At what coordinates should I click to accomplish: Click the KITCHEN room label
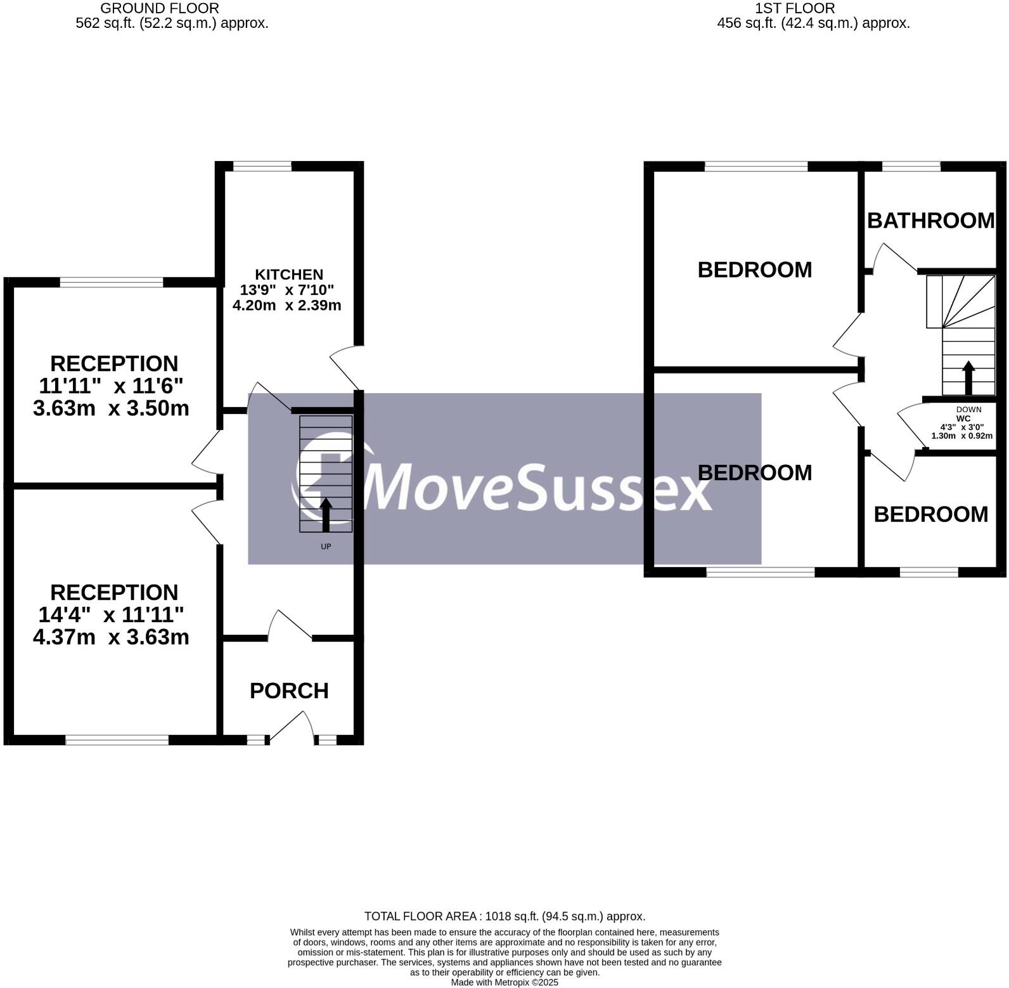click(x=289, y=275)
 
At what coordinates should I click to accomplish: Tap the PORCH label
click(x=289, y=691)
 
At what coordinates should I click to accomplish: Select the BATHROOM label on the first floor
click(x=930, y=221)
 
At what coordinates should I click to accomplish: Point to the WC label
click(x=963, y=419)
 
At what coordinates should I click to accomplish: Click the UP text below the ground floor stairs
click(x=326, y=547)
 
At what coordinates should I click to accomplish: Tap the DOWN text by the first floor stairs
click(x=968, y=410)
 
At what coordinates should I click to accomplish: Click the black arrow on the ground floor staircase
click(x=326, y=514)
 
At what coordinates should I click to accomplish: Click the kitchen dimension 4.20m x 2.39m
click(x=287, y=305)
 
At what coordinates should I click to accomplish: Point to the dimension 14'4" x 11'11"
click(x=112, y=614)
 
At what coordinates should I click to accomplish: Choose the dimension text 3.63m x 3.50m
click(x=112, y=408)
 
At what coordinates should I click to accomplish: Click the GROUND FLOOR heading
click(x=160, y=8)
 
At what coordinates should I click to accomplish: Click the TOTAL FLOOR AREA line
click(x=504, y=916)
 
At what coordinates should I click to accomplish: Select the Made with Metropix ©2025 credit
click(x=504, y=982)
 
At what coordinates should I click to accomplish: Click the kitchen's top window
click(x=262, y=166)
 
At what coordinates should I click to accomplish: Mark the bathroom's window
click(x=911, y=166)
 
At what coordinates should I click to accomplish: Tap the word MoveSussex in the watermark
click(x=539, y=487)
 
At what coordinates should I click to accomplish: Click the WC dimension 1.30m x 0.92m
click(x=961, y=436)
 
